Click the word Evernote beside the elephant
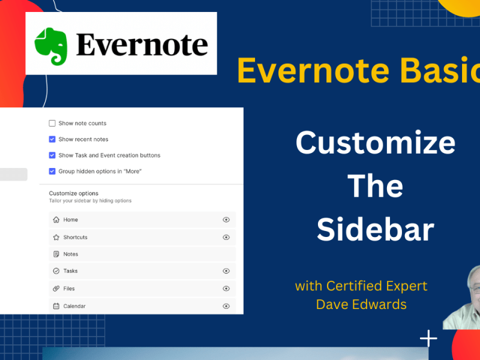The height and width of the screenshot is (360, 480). (x=142, y=45)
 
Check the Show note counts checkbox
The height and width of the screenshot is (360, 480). (x=52, y=124)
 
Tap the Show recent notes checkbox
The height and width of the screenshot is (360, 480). (x=52, y=139)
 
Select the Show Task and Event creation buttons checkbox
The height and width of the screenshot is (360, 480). (x=52, y=155)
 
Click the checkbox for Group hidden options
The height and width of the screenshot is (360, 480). (x=52, y=172)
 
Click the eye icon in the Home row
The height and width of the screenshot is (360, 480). (x=226, y=220)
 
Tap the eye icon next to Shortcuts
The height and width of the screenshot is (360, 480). (x=226, y=238)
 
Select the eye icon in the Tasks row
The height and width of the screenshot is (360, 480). (x=226, y=271)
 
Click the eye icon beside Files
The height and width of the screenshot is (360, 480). (x=226, y=289)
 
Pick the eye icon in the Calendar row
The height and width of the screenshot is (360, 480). (x=226, y=306)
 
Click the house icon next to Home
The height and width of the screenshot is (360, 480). (x=56, y=220)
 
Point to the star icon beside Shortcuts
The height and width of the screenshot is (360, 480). (x=56, y=238)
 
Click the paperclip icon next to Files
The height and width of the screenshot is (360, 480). (x=56, y=289)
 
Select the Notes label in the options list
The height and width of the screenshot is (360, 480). (x=71, y=254)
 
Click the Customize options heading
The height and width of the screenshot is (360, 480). (x=72, y=193)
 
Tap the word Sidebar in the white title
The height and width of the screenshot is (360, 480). (x=375, y=230)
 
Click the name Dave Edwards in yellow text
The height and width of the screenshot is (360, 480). (x=361, y=304)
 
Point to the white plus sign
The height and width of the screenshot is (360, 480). (x=428, y=339)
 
